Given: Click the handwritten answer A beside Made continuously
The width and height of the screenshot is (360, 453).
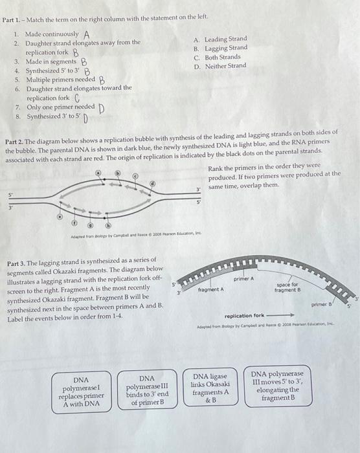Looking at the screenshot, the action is pyautogui.click(x=86, y=34).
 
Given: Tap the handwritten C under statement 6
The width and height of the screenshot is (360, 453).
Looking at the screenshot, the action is pyautogui.click(x=76, y=98).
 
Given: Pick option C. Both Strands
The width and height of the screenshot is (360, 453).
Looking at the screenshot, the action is pyautogui.click(x=219, y=57).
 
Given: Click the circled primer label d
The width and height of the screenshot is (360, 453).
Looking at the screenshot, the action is pyautogui.click(x=153, y=183).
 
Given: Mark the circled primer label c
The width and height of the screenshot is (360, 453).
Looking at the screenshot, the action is pyautogui.click(x=135, y=175).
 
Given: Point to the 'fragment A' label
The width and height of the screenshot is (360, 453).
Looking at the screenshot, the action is pyautogui.click(x=211, y=289).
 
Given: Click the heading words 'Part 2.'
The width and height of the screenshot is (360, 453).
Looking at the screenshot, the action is pyautogui.click(x=15, y=140).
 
